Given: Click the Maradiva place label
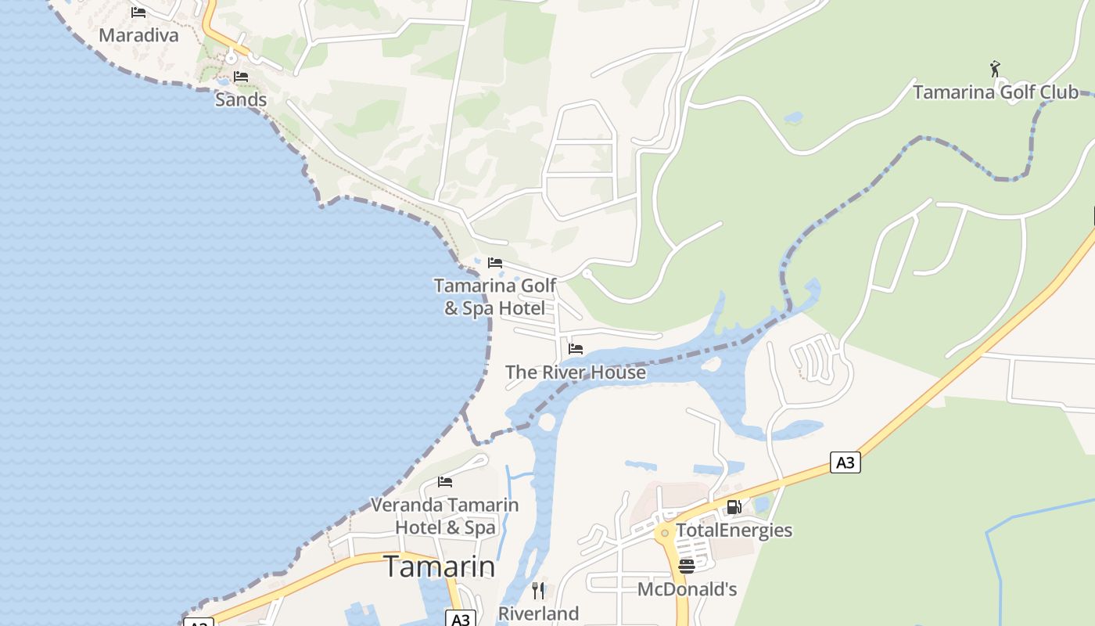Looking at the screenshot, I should coord(138,35).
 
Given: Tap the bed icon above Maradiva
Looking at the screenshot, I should coord(138,12).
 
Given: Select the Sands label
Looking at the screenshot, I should coord(241,99).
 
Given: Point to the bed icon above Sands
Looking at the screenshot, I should coord(241,77).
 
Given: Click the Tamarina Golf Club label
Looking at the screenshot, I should coord(996,92).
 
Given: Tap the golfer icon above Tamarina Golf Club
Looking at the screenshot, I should coord(995,69).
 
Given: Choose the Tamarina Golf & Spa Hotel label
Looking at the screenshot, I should coord(495,297).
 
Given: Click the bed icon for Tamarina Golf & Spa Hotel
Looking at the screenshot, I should coord(495,263).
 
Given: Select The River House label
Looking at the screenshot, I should coord(576,372).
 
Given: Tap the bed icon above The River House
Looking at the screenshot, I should coord(576,349).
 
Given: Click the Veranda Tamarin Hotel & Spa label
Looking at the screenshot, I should coord(444,516).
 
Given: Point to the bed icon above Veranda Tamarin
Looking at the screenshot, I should coord(445,481).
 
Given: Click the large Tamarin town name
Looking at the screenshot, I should coord(439,567).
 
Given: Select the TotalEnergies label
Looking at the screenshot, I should coord(734,531).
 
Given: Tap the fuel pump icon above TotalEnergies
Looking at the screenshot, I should coord(734,507).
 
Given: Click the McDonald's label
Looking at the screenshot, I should coord(687,589).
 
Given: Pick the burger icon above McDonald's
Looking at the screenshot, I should coord(687,566).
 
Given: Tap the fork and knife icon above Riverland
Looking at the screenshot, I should coord(538,590).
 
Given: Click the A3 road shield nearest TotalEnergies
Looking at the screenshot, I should coord(845,462).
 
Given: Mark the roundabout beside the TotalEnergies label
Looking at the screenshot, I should coord(665,533).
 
